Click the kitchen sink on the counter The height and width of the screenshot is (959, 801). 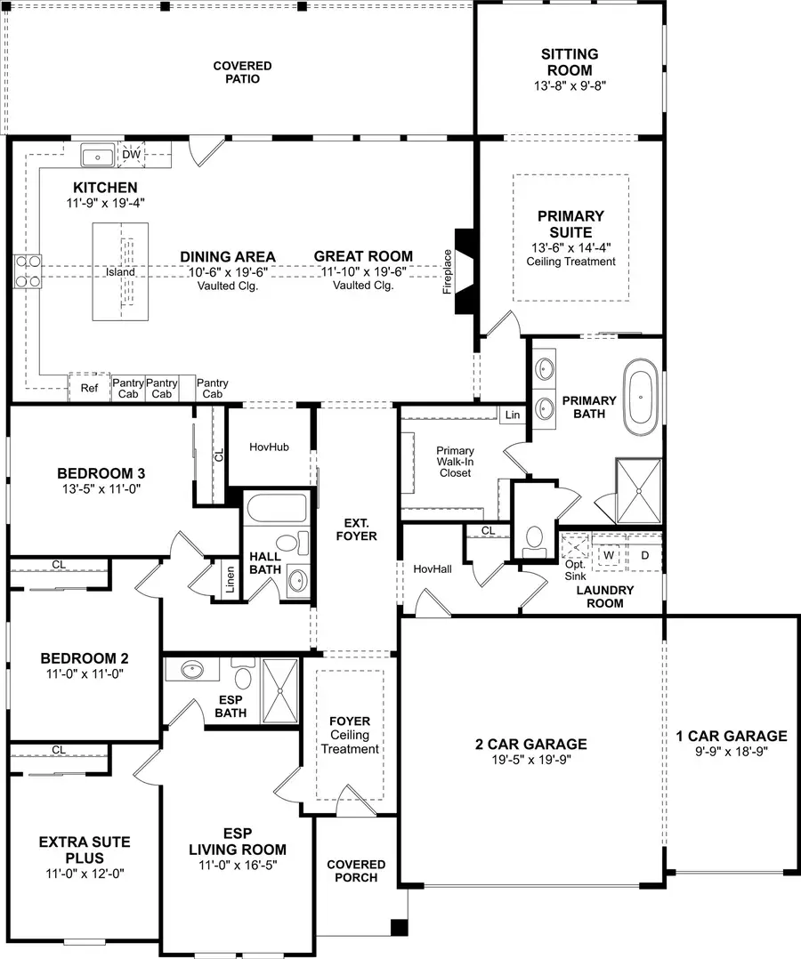pyautogui.click(x=97, y=157)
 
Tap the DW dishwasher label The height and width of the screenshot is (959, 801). pyautogui.click(x=131, y=155)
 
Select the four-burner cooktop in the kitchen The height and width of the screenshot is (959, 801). pyautogui.click(x=28, y=270)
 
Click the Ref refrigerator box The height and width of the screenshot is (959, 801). pyautogui.click(x=89, y=388)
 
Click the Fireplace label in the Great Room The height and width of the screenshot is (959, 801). pyautogui.click(x=448, y=271)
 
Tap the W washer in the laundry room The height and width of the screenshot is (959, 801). pyautogui.click(x=610, y=555)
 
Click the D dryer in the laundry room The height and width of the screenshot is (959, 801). pyautogui.click(x=645, y=555)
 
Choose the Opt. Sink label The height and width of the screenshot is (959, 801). pyautogui.click(x=575, y=569)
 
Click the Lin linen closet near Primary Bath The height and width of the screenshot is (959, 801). pyautogui.click(x=512, y=415)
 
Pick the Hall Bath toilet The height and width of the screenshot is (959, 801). pyautogui.click(x=287, y=542)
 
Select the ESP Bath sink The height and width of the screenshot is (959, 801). pyautogui.click(x=192, y=669)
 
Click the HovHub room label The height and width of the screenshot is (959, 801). pyautogui.click(x=269, y=447)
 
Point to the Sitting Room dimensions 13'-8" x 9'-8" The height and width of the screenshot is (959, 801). pyautogui.click(x=570, y=86)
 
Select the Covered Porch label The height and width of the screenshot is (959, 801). pyautogui.click(x=356, y=871)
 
